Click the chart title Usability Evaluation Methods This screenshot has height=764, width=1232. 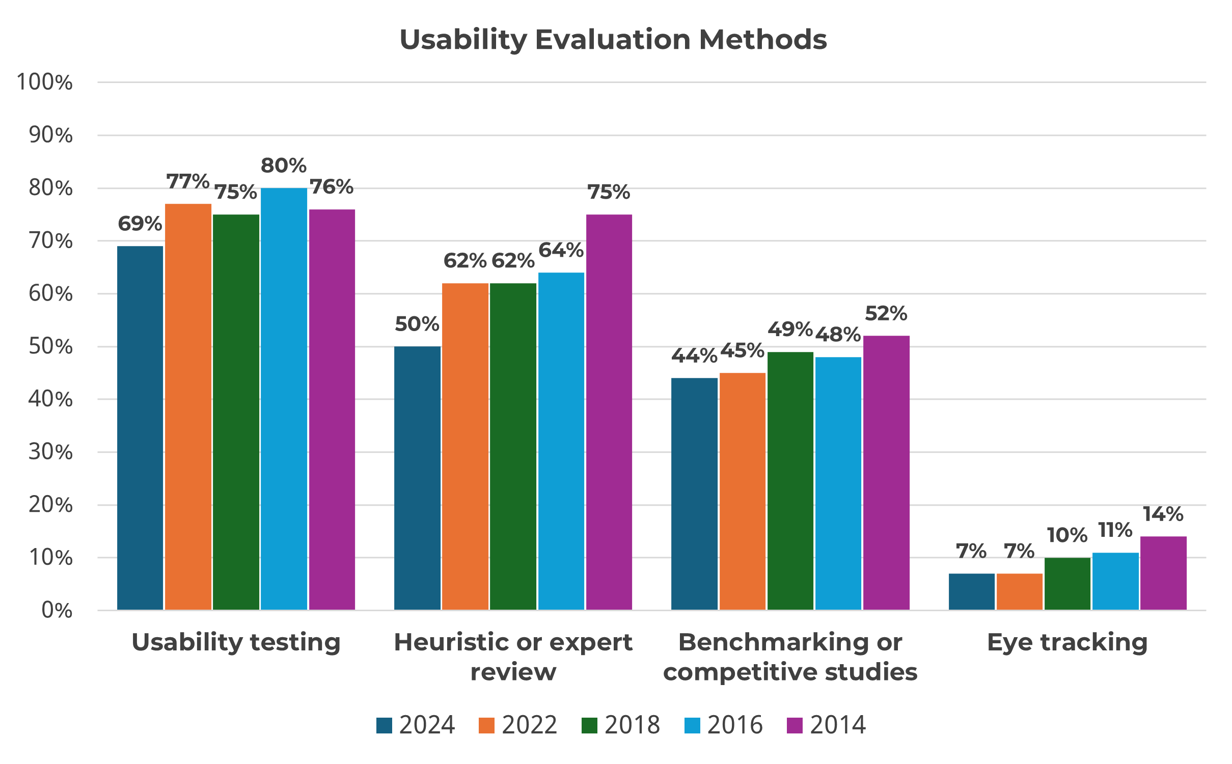pyautogui.click(x=613, y=40)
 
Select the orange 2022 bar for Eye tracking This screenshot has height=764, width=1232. pyautogui.click(x=1019, y=591)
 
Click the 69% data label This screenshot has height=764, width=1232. pyautogui.click(x=140, y=224)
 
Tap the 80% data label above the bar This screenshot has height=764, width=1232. pyautogui.click(x=284, y=166)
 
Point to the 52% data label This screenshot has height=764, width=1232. pyautogui.click(x=886, y=313)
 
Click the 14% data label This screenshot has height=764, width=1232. pyautogui.click(x=1163, y=514)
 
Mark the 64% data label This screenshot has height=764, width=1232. pyautogui.click(x=561, y=250)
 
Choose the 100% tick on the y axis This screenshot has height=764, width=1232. pyautogui.click(x=45, y=82)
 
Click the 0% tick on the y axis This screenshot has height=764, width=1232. pyautogui.click(x=57, y=610)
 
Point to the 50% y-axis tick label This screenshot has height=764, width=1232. pyautogui.click(x=50, y=346)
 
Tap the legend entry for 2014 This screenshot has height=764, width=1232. pyautogui.click(x=826, y=725)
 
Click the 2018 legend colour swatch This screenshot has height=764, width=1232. pyautogui.click(x=589, y=725)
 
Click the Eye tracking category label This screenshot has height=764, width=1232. pyautogui.click(x=1067, y=642)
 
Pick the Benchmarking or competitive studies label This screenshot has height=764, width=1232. pyautogui.click(x=790, y=657)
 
